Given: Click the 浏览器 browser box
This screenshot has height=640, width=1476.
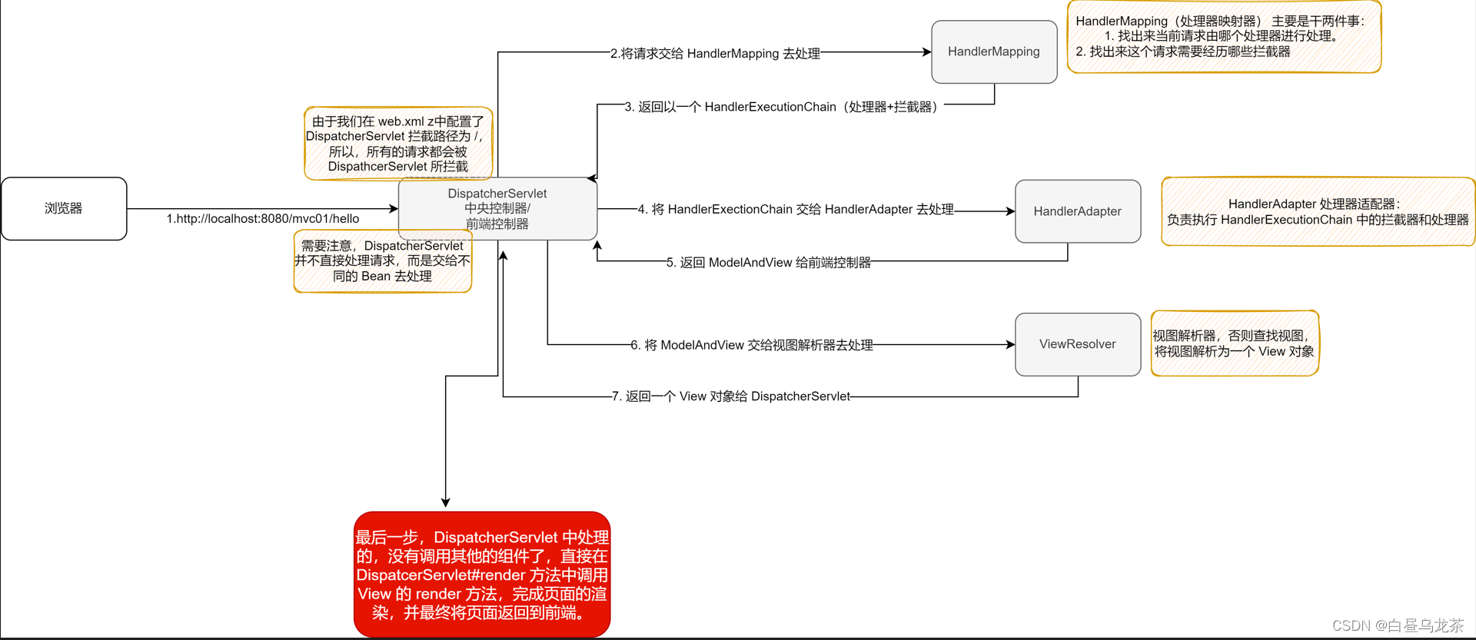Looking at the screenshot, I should (64, 208).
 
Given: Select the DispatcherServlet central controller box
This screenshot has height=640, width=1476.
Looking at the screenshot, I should (497, 208).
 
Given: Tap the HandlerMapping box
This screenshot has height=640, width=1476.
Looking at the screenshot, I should (993, 51).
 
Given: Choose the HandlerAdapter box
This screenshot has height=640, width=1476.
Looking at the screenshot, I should (1077, 211).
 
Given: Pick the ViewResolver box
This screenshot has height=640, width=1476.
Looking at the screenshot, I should (1077, 344).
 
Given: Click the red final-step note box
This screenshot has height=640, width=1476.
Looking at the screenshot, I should (482, 575).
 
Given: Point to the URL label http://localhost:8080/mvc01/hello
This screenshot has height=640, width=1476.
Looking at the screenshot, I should (263, 219).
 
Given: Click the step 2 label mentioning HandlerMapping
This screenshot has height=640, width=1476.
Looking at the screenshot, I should (715, 54).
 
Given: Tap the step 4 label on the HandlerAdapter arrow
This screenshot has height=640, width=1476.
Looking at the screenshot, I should (796, 209).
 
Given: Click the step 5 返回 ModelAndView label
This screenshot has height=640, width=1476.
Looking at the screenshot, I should (769, 263).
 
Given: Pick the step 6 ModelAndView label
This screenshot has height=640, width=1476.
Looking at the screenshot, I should (752, 345).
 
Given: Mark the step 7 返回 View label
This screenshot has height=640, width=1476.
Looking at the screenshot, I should (731, 396).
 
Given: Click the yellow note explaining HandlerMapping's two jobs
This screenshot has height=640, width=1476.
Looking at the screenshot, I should (1224, 36).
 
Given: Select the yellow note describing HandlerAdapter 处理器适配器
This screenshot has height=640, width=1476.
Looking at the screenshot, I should (1318, 212).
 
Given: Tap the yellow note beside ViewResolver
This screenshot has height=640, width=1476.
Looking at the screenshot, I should (1234, 343).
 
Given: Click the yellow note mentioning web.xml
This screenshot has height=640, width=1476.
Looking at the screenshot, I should (398, 144).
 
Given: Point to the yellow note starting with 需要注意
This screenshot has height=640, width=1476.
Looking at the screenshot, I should (382, 261).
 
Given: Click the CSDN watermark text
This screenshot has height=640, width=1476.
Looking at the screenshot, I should (1397, 625).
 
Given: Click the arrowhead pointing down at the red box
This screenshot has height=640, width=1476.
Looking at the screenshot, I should (445, 502).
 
